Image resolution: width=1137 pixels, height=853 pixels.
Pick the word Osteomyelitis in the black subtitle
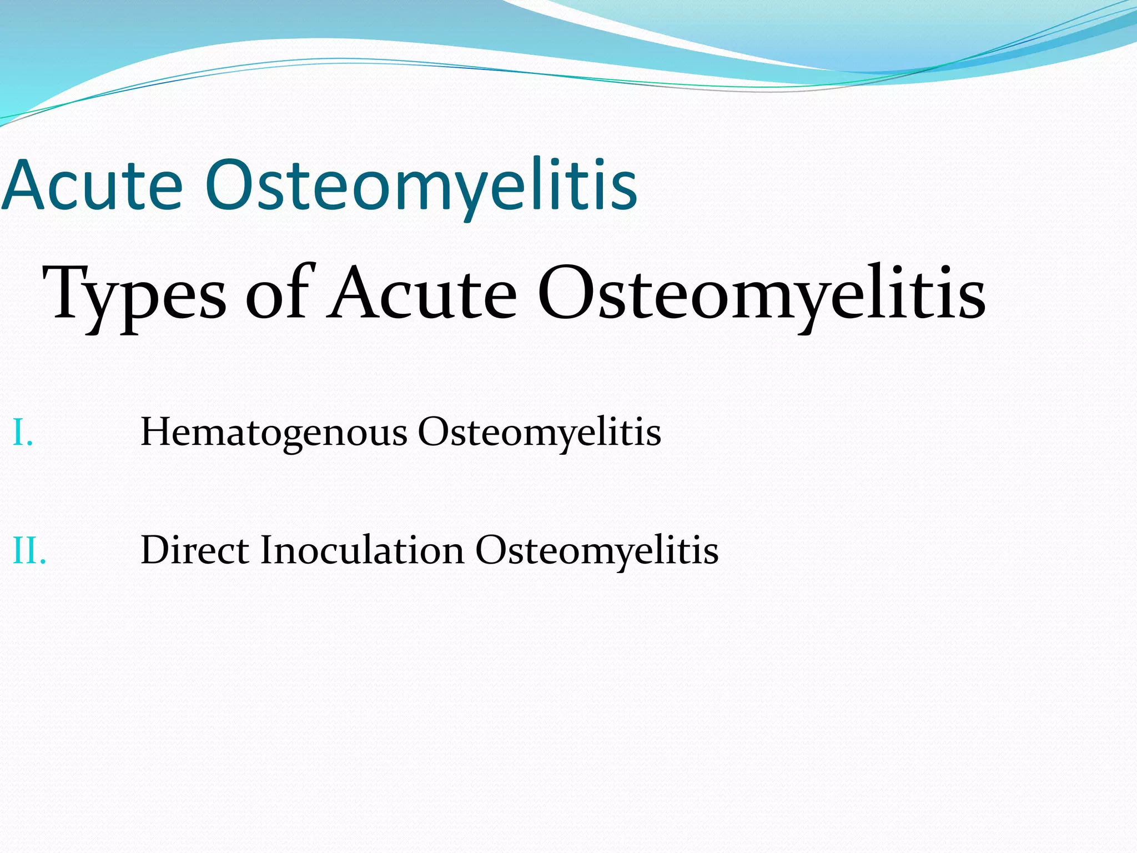click(761, 294)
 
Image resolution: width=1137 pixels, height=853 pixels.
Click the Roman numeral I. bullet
click(22, 433)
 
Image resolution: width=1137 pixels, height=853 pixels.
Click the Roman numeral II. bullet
click(29, 551)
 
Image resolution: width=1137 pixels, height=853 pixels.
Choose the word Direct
click(195, 550)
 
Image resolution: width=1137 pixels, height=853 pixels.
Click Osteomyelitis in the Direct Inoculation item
click(597, 551)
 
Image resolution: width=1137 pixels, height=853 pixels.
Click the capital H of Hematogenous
click(155, 432)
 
